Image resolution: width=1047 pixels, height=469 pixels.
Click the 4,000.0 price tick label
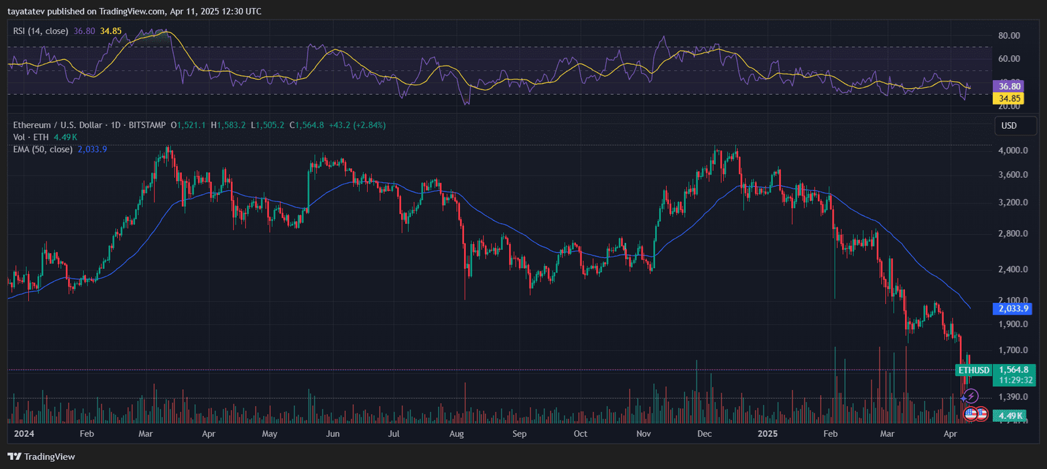pyautogui.click(x=1013, y=150)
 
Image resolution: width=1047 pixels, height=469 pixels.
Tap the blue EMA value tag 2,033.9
pyautogui.click(x=1013, y=309)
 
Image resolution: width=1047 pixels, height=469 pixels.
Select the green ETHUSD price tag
pyautogui.click(x=974, y=370)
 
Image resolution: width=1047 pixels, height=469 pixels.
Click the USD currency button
pyautogui.click(x=1009, y=126)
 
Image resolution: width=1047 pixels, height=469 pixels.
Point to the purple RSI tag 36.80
pyautogui.click(x=1009, y=86)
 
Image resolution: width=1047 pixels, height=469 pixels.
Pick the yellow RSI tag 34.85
pyautogui.click(x=1009, y=99)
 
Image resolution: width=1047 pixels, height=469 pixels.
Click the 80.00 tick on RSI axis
pyautogui.click(x=1009, y=36)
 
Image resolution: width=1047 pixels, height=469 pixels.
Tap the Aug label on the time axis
pyautogui.click(x=457, y=434)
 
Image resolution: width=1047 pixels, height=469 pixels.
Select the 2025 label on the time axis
pyautogui.click(x=767, y=434)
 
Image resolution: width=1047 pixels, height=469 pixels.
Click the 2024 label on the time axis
pyautogui.click(x=24, y=434)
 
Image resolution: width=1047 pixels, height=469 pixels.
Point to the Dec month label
pyautogui.click(x=705, y=434)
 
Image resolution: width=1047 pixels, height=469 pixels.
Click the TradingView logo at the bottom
pyautogui.click(x=42, y=457)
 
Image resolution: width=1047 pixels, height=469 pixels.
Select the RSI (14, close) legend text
pyautogui.click(x=41, y=31)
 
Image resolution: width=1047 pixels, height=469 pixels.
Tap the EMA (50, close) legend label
pyautogui.click(x=43, y=149)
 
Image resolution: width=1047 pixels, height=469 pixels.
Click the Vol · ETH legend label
pyautogui.click(x=31, y=137)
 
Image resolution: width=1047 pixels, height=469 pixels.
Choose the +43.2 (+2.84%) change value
pyautogui.click(x=357, y=125)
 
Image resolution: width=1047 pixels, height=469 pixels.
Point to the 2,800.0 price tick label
pyautogui.click(x=1013, y=234)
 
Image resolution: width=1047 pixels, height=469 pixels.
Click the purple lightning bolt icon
pyautogui.click(x=972, y=396)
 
